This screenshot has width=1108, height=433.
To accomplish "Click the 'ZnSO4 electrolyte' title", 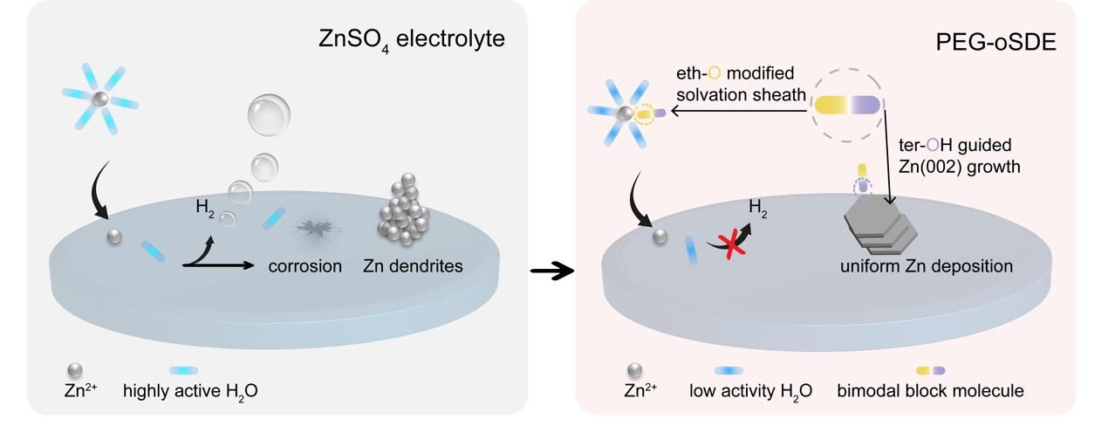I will click(412, 40).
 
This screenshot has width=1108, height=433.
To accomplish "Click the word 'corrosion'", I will click(305, 265).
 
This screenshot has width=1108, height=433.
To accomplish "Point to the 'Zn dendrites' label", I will click(413, 265).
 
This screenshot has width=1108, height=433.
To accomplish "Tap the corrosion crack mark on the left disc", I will click(315, 229).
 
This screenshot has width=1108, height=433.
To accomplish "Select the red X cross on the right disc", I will click(731, 246).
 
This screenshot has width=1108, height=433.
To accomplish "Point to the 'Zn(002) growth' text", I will click(965, 166).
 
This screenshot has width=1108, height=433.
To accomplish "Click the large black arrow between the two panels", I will click(552, 271).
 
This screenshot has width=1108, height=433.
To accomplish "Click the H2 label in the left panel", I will click(205, 209).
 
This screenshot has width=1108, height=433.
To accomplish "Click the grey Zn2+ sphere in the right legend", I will click(634, 371).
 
